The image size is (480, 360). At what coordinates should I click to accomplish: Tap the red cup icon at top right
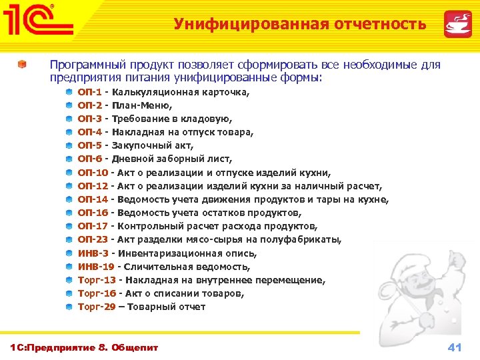click(x=458, y=23)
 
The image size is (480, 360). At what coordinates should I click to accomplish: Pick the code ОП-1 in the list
click(x=89, y=92)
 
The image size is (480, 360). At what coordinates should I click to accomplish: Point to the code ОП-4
click(x=89, y=132)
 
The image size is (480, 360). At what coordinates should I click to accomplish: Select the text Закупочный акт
click(x=153, y=145)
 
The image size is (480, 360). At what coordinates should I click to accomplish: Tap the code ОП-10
click(x=92, y=173)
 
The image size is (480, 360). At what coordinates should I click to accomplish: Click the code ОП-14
click(x=92, y=199)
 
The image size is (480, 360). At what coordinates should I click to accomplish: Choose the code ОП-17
click(x=92, y=226)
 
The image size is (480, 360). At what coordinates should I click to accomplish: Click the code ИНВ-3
click(x=93, y=253)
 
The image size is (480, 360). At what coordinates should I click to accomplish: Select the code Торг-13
click(x=97, y=280)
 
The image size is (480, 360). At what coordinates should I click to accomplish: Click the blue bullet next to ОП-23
click(x=69, y=240)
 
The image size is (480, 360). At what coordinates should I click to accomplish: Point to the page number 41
click(x=455, y=347)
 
